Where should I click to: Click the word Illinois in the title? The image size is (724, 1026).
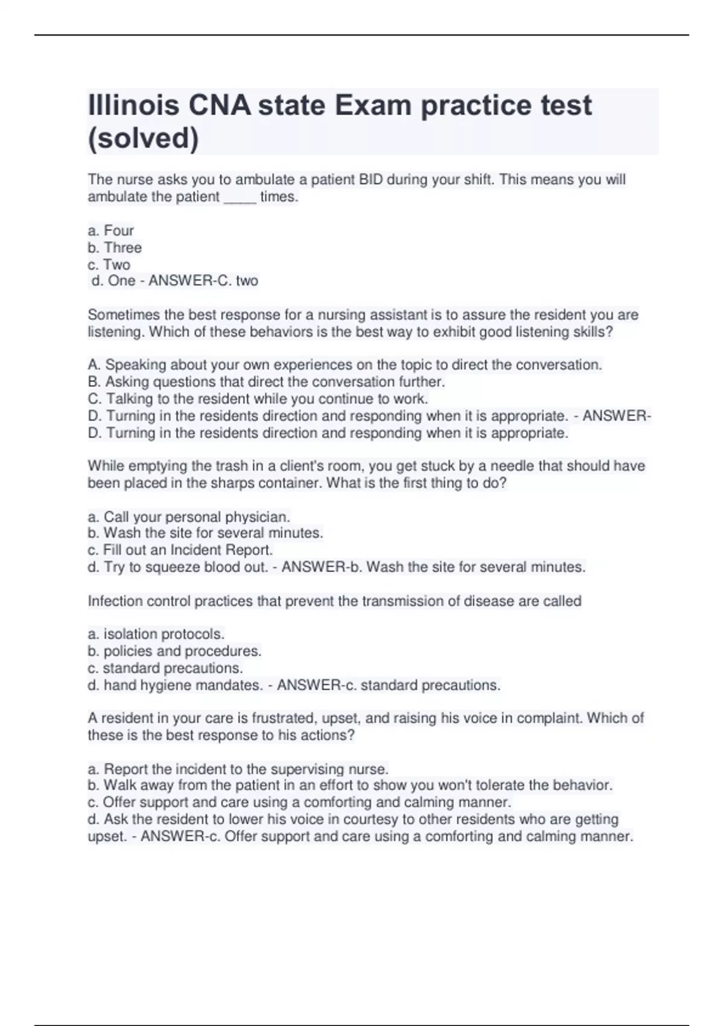click(x=133, y=106)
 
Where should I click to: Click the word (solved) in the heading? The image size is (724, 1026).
click(x=143, y=138)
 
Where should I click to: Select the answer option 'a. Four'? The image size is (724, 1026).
click(x=111, y=231)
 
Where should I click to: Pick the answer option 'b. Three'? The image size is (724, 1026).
click(x=115, y=247)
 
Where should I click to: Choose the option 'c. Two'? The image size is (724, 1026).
click(x=109, y=264)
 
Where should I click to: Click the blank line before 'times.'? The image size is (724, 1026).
click(x=240, y=197)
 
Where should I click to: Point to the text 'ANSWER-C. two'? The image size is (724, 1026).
click(x=203, y=281)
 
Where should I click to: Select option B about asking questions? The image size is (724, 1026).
click(x=266, y=382)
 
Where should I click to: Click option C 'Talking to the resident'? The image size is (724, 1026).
click(x=258, y=399)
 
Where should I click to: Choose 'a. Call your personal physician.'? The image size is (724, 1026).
click(x=189, y=517)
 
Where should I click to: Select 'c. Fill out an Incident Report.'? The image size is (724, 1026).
click(x=180, y=550)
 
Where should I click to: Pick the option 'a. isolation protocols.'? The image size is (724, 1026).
click(x=156, y=634)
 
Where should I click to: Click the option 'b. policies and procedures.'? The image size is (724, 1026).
click(x=174, y=651)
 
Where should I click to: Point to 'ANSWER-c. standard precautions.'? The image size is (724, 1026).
click(x=389, y=686)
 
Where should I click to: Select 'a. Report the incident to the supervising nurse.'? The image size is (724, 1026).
click(x=238, y=769)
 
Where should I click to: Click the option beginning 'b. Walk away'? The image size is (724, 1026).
click(x=350, y=785)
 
